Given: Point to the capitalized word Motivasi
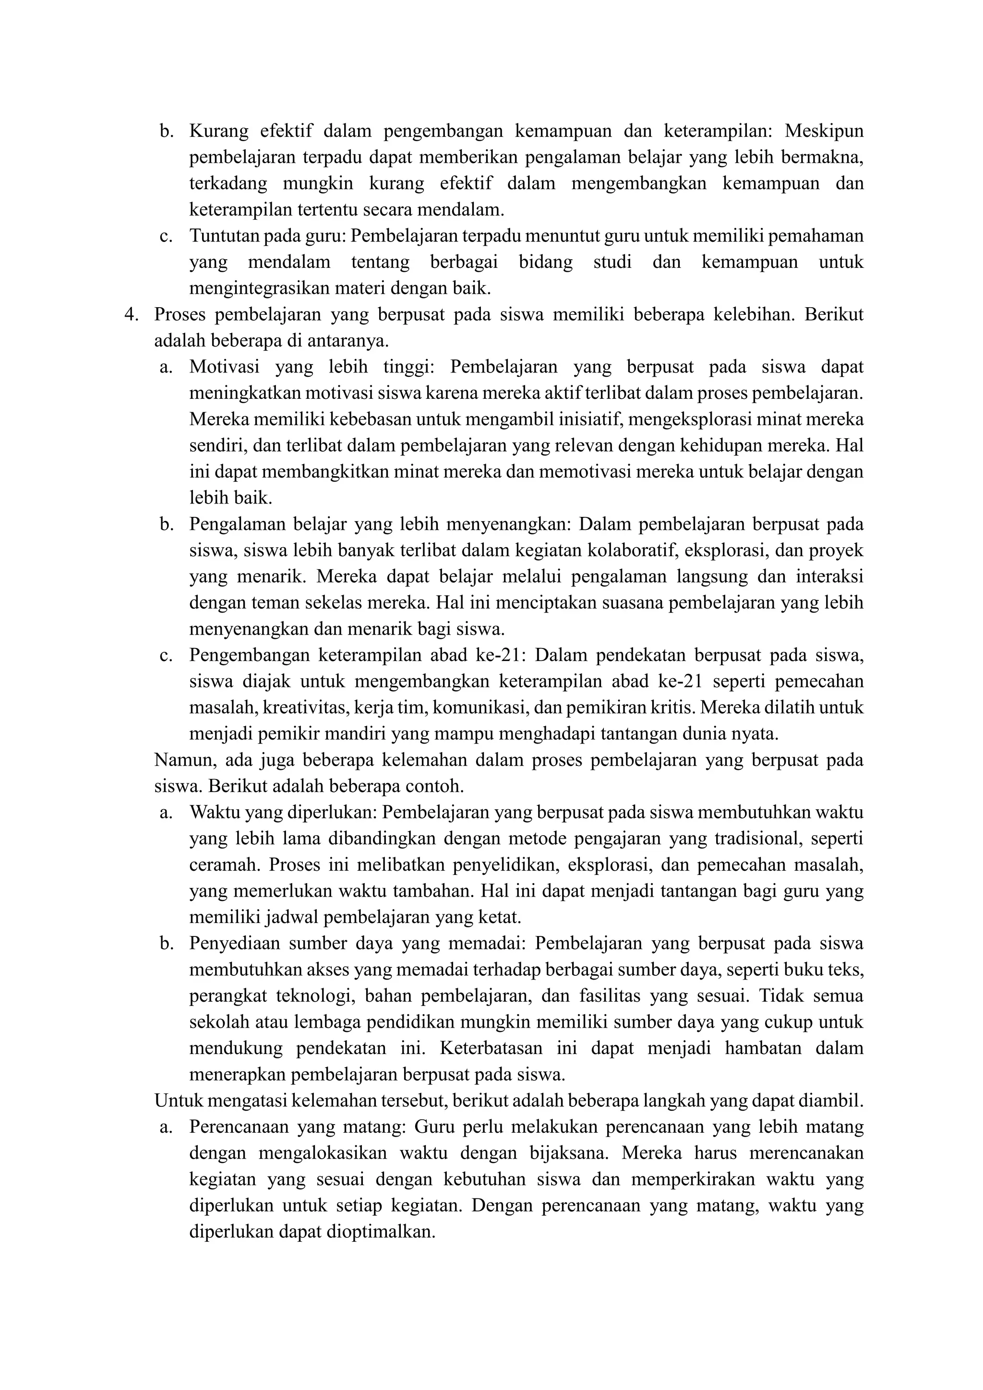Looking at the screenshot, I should [225, 367].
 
